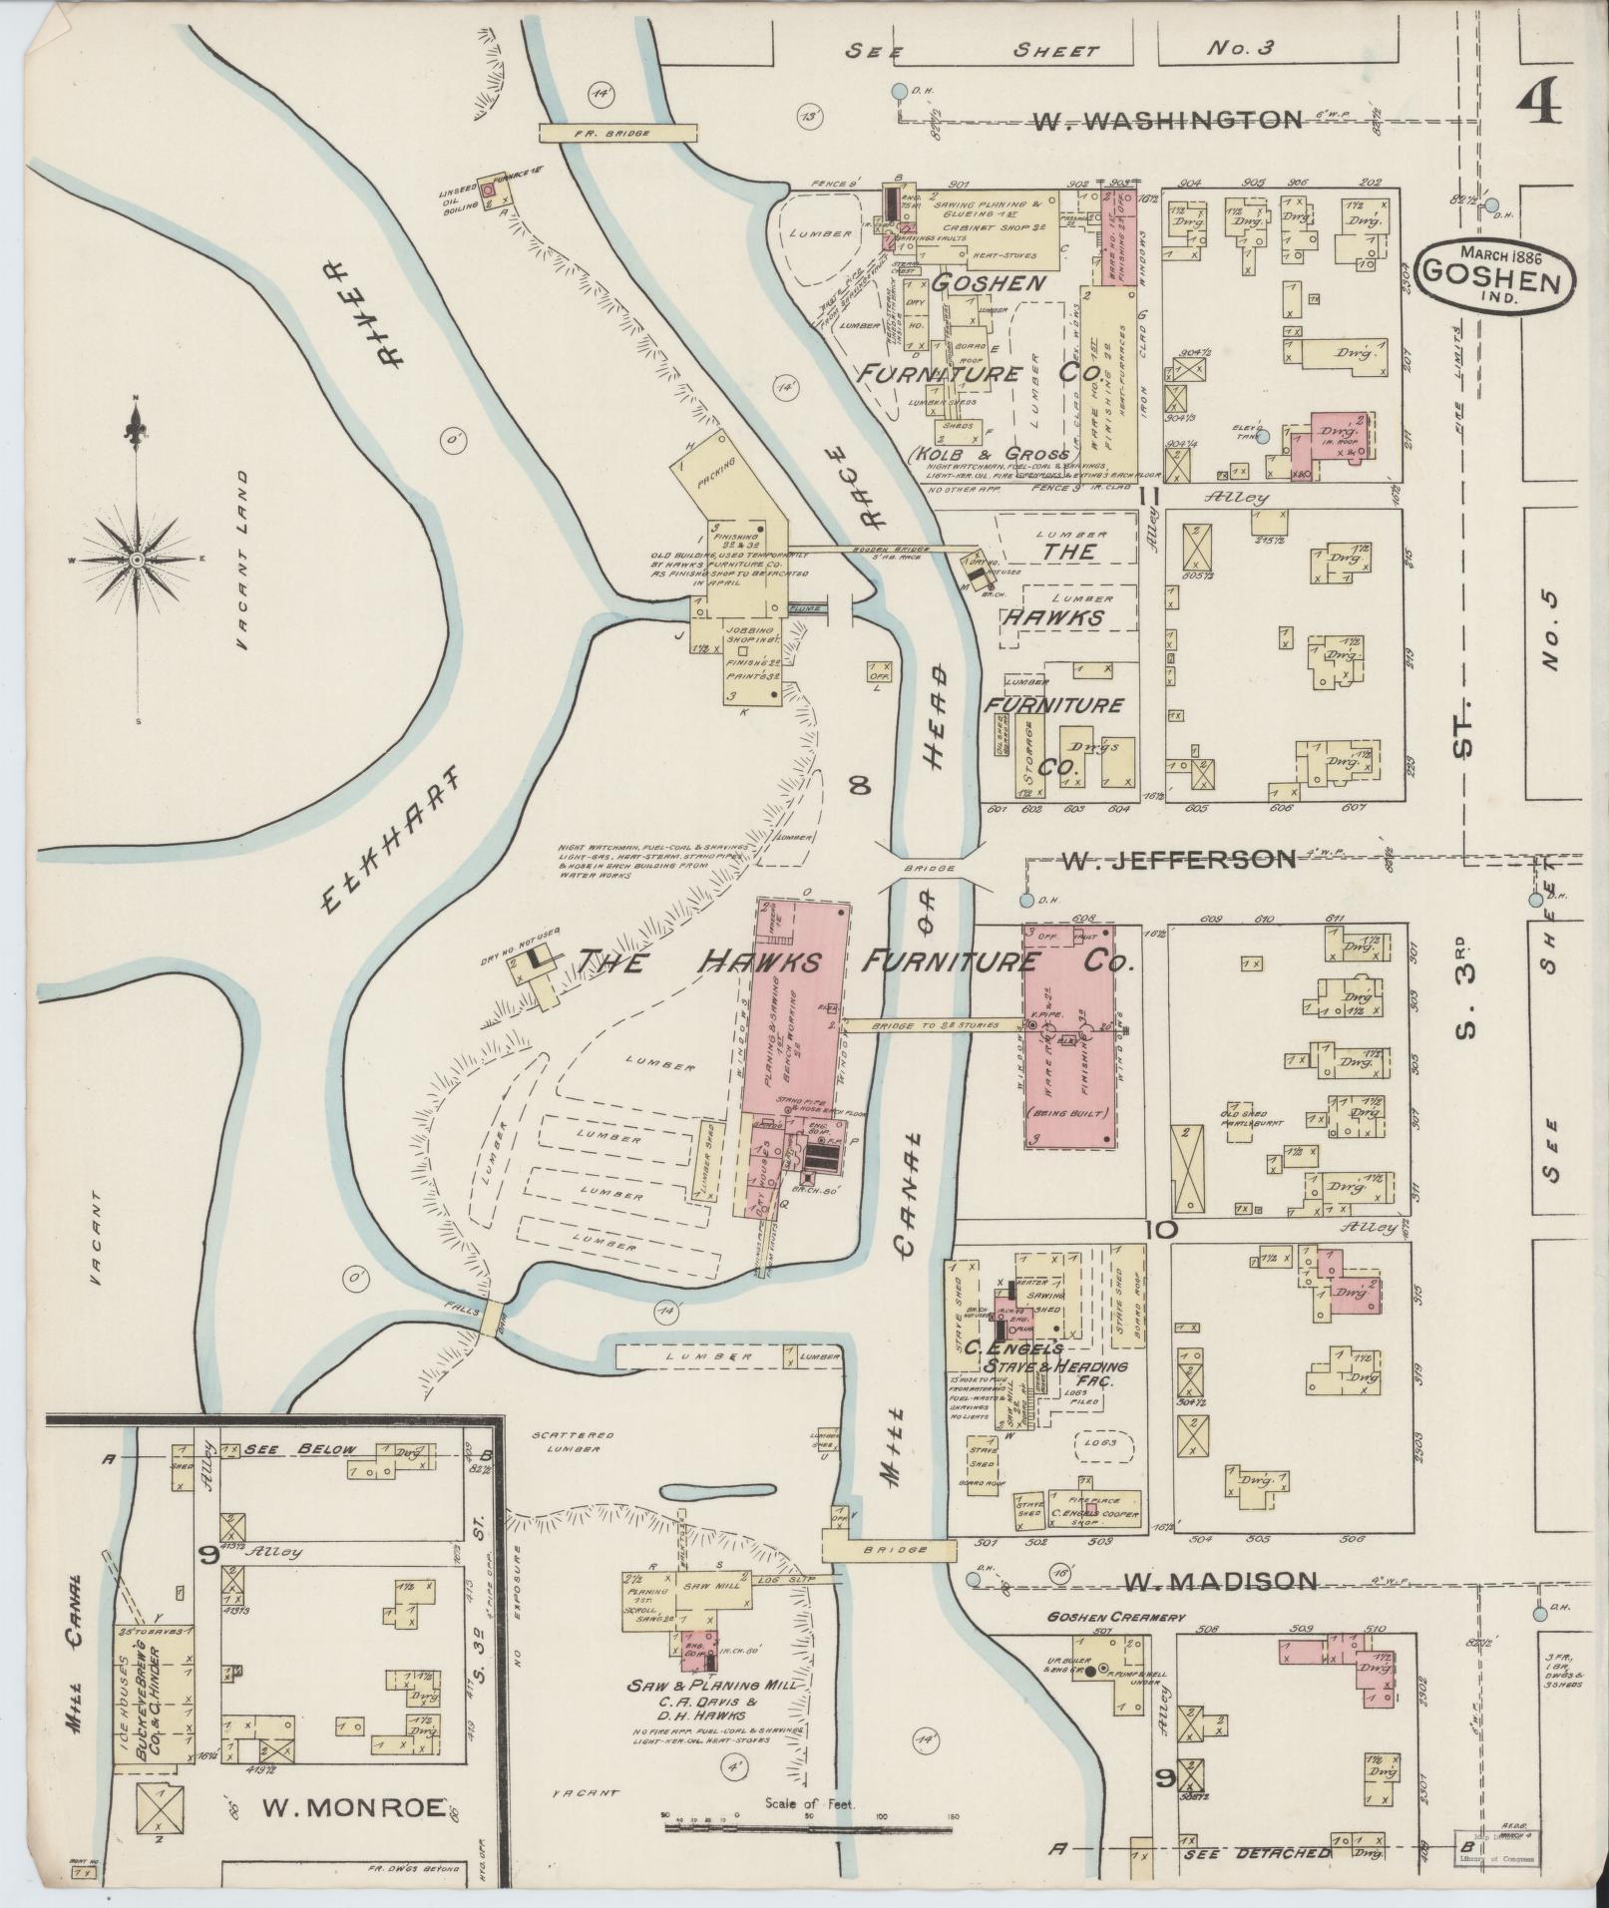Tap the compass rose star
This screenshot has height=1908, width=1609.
click(136, 562)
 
